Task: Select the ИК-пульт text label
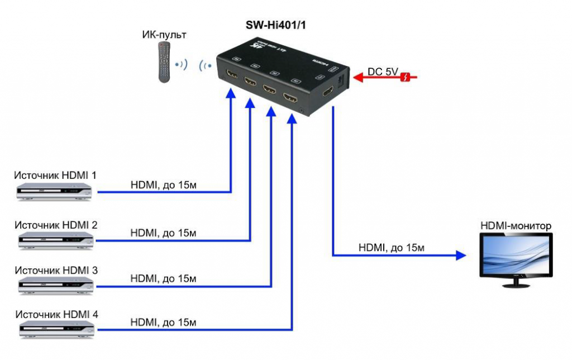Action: click(164, 35)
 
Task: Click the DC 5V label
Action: click(383, 72)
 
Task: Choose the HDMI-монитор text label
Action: click(516, 226)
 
